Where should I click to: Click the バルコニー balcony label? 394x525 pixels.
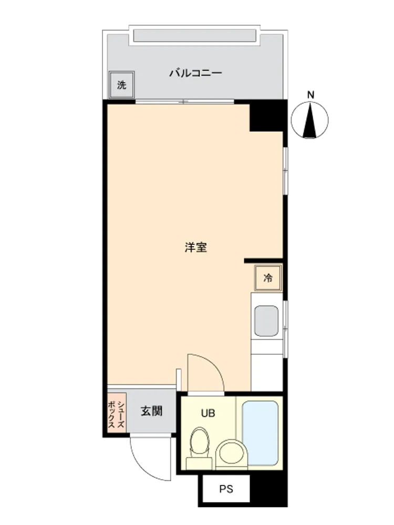coord(195,72)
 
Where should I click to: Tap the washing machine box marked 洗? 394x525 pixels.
coord(122,85)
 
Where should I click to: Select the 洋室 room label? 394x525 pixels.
coord(195,247)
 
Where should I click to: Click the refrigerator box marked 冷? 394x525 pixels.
coord(268,278)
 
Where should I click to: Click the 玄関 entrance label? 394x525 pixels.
coord(151,411)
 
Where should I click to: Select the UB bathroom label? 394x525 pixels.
coord(208,414)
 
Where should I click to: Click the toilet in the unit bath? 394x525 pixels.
coord(199,448)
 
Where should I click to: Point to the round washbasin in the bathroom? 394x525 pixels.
coord(232,454)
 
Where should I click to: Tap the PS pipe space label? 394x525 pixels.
coord(226,489)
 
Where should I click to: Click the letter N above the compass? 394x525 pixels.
coord(311,94)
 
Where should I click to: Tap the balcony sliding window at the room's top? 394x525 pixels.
coord(184,101)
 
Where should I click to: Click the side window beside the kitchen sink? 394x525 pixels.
coord(285,329)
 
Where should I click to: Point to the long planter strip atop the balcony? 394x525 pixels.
coord(195,36)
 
